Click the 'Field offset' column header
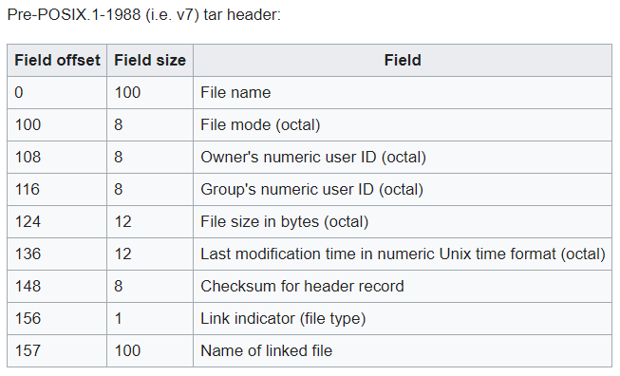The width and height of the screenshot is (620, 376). (x=57, y=60)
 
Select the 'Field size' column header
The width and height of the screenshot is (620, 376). (x=150, y=60)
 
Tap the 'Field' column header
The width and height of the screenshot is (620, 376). (x=403, y=60)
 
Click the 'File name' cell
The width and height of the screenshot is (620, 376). (x=235, y=92)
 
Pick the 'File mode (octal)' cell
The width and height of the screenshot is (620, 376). (x=260, y=124)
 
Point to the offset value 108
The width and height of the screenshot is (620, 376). (x=28, y=157)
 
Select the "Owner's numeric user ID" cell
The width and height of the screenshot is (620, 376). (x=313, y=157)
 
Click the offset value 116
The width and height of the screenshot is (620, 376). (x=28, y=189)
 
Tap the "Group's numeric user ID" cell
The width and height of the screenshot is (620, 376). (x=311, y=189)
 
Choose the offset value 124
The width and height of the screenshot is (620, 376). (x=28, y=221)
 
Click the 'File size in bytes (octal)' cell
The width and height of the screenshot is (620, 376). (x=284, y=221)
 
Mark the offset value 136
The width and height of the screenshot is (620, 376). (x=28, y=254)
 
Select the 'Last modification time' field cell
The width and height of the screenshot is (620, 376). (x=403, y=254)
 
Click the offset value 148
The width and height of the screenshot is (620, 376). (x=28, y=286)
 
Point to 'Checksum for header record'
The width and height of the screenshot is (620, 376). (x=302, y=286)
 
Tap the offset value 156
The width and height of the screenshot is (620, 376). (x=28, y=318)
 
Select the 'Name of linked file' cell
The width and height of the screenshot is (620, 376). (x=266, y=350)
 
